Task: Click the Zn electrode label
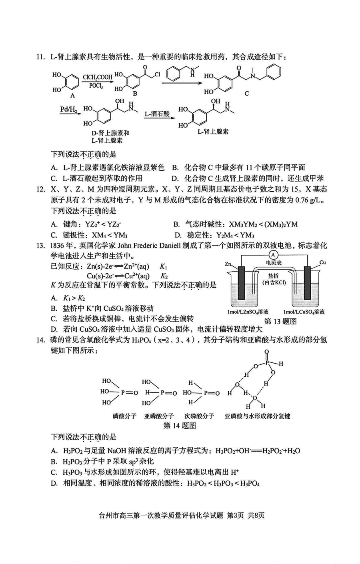[228, 264]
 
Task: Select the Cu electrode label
[323, 262]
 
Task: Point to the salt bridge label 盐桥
[274, 276]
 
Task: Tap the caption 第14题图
[180, 426]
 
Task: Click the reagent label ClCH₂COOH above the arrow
[98, 77]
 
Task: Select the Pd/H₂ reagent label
[68, 109]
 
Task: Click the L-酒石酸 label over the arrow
[157, 114]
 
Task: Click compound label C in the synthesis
[246, 93]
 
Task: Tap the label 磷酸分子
[123, 416]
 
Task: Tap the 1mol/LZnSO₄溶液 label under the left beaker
[248, 312]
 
